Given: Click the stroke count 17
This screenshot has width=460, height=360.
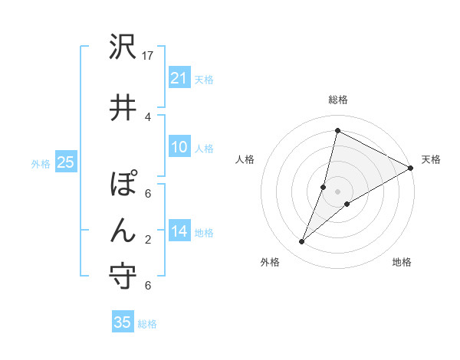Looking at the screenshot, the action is [149, 56].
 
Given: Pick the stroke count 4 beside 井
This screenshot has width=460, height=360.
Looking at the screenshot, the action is [148, 116].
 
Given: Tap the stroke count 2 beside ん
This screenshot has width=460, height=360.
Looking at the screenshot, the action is [148, 239].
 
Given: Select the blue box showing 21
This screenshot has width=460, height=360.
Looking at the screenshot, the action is [179, 77].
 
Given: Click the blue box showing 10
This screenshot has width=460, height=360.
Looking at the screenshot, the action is [179, 147].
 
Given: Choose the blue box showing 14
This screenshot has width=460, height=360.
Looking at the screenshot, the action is [179, 231].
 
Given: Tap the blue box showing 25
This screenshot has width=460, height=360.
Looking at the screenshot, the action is [66, 162].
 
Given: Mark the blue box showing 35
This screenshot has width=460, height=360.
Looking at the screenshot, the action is [123, 322].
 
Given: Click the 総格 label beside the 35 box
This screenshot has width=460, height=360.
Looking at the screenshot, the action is [147, 324].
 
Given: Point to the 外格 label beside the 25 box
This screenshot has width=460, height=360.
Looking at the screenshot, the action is [41, 163].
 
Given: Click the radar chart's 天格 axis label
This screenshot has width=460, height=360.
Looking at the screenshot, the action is [431, 159].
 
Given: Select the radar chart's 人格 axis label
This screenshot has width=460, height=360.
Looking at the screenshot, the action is [245, 159].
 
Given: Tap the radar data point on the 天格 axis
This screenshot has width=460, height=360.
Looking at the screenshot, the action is [412, 168].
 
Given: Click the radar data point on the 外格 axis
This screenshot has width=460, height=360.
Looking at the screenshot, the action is [302, 242].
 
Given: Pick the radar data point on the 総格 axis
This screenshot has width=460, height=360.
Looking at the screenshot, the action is [337, 131].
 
